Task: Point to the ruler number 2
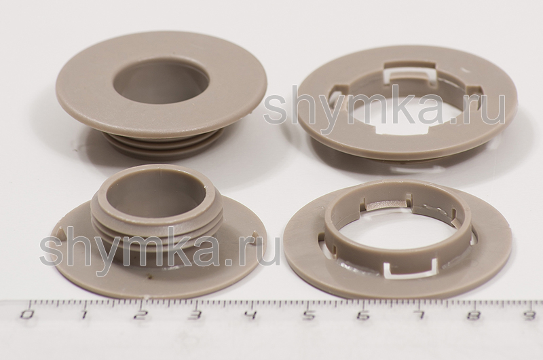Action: [x=140, y=314]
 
